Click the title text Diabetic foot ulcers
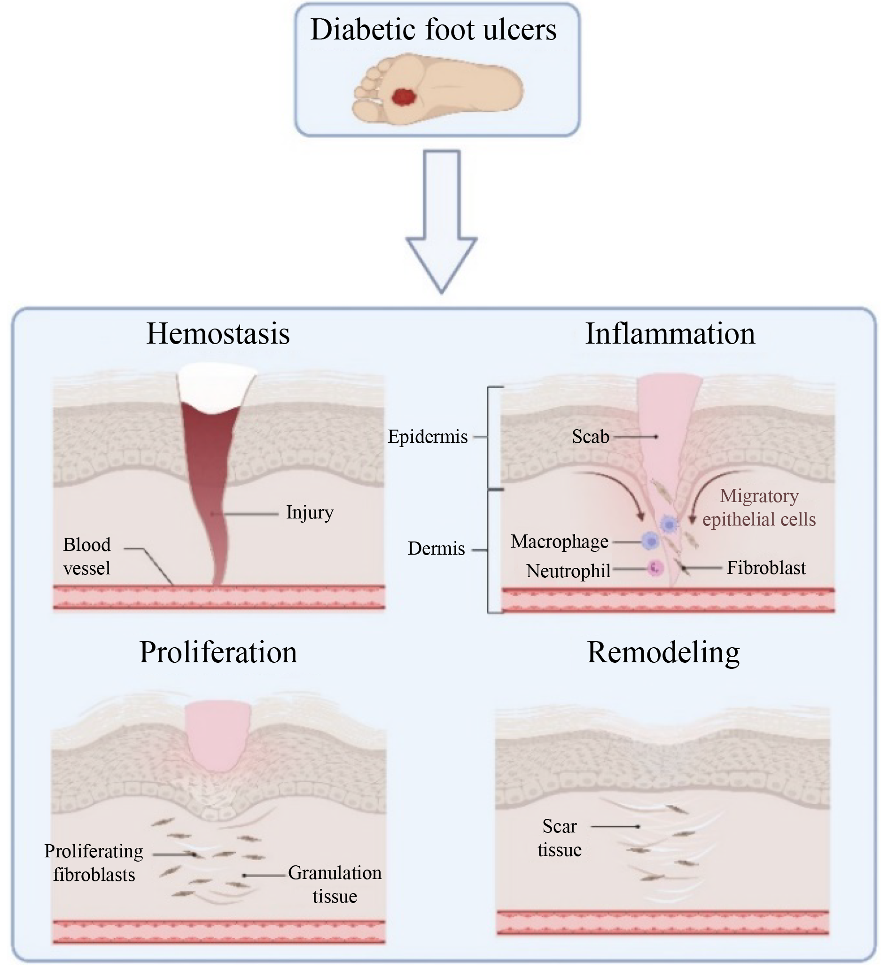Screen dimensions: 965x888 click(433, 30)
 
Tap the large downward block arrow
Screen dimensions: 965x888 click(442, 221)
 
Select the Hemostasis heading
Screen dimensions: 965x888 click(218, 333)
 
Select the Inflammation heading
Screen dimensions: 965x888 click(670, 333)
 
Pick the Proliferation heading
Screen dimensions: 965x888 click(218, 652)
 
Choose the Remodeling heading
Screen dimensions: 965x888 click(663, 652)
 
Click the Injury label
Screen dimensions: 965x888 click(310, 512)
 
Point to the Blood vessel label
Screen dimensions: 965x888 click(87, 557)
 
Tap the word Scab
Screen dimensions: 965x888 click(591, 437)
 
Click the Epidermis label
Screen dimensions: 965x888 click(428, 437)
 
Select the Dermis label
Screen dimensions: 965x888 click(436, 549)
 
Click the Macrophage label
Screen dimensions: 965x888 click(559, 541)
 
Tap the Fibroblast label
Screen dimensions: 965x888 click(766, 568)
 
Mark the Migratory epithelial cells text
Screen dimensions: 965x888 click(759, 507)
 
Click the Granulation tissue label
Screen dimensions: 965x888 click(335, 885)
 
